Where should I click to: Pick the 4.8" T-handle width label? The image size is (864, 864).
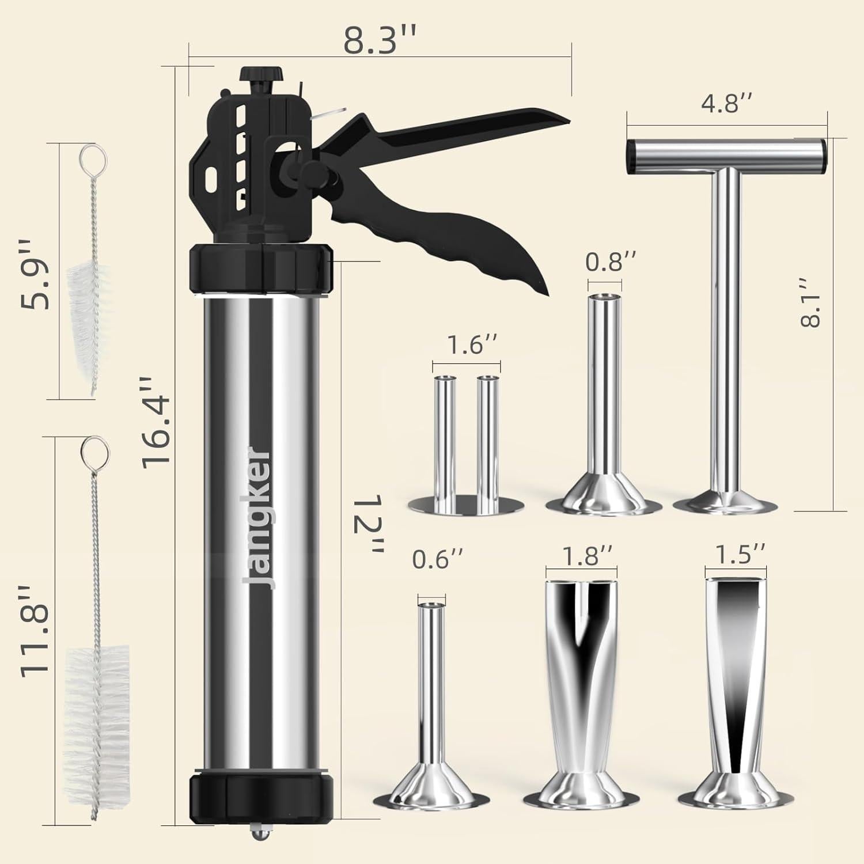click(x=726, y=104)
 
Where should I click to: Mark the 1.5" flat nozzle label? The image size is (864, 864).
click(x=740, y=554)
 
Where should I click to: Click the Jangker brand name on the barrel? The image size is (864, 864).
click(x=257, y=518)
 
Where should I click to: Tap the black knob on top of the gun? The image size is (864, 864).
click(x=262, y=75)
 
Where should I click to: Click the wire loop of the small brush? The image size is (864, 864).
click(x=89, y=157)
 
